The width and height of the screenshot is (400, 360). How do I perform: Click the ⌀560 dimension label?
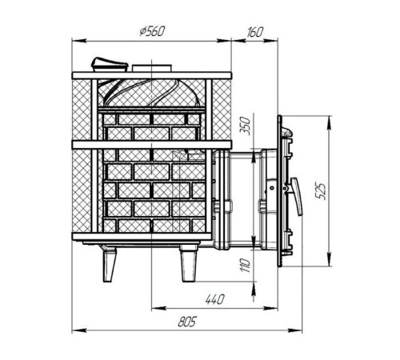click(152, 31)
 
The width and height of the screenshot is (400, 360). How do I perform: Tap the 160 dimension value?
click(255, 32)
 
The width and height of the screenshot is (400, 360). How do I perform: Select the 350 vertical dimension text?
click(245, 126)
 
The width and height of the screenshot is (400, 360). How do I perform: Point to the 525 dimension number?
click(322, 191)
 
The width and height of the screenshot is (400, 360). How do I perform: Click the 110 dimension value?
click(245, 265)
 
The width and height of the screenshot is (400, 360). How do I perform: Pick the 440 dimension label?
click(215, 299)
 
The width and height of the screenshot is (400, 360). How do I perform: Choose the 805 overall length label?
click(186, 322)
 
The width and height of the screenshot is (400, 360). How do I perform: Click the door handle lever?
click(297, 196)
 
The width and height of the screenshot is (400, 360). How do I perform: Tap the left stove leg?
click(109, 264)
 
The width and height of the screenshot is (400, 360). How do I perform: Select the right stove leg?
click(189, 264)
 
